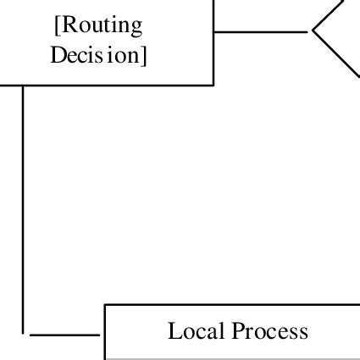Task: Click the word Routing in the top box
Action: pyautogui.click(x=101, y=25)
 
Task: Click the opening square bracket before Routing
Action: pyautogui.click(x=56, y=25)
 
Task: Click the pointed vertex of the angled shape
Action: pyautogui.click(x=313, y=32)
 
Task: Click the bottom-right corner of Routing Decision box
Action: pyautogui.click(x=213, y=85)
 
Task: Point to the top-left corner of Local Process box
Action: pyautogui.click(x=104, y=304)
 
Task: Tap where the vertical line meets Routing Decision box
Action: pyautogui.click(x=23, y=86)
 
